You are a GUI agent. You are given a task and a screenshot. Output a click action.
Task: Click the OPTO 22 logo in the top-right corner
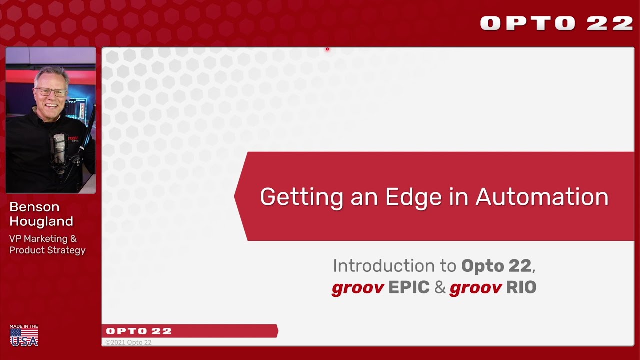(556, 23)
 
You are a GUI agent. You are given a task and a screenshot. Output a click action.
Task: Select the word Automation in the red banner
(542, 197)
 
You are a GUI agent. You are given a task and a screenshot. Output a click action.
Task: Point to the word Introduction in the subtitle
(394, 266)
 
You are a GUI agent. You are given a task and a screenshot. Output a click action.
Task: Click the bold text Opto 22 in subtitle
(496, 266)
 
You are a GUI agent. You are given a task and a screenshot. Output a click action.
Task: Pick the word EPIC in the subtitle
(409, 288)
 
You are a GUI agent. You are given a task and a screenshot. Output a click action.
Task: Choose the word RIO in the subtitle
(521, 288)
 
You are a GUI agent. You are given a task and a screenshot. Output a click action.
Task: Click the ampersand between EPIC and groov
(440, 288)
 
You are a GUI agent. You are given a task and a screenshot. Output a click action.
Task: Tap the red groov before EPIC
(358, 288)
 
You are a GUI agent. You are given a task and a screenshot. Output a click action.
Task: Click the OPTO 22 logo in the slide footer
(139, 331)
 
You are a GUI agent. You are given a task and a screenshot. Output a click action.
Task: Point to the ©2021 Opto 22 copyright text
(128, 342)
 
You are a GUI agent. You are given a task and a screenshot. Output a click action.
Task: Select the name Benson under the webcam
(34, 207)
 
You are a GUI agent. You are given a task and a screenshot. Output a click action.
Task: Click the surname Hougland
(41, 221)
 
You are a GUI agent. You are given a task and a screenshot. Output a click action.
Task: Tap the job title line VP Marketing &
(43, 238)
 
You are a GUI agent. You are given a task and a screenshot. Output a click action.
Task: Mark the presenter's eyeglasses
(52, 92)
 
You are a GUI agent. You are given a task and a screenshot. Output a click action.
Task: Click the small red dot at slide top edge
(327, 49)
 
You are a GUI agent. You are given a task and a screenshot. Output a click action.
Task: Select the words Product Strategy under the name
(47, 250)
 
